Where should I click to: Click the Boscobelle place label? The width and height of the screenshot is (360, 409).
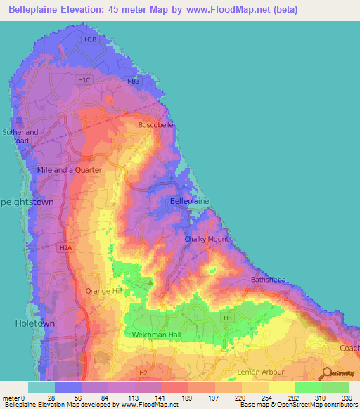coord(156,125)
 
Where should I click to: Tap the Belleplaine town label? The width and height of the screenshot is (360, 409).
coord(190,201)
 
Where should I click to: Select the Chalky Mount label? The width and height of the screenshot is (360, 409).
coord(206,239)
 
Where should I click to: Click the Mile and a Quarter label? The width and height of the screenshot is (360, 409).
coord(70,170)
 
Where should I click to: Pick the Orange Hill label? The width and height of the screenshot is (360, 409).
coord(103,290)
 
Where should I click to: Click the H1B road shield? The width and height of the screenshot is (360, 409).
coord(89,40)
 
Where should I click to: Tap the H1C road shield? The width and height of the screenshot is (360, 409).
coord(85,81)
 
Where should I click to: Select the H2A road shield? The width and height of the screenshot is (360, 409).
coord(65,248)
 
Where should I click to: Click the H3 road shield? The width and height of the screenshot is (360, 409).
coord(227,318)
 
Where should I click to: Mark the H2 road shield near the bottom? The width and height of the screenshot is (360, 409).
coord(143,372)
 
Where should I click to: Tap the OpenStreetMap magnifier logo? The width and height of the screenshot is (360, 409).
coord(328,374)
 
